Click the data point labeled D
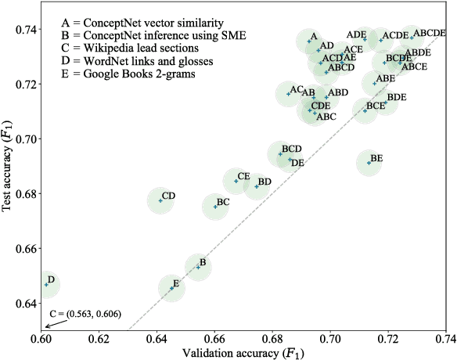point(46,285)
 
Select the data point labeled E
point(171,289)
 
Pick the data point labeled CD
point(160,200)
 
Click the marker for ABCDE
point(412,37)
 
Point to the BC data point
point(215,207)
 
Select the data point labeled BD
point(256,186)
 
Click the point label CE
point(243,176)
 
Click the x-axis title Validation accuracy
point(243,354)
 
